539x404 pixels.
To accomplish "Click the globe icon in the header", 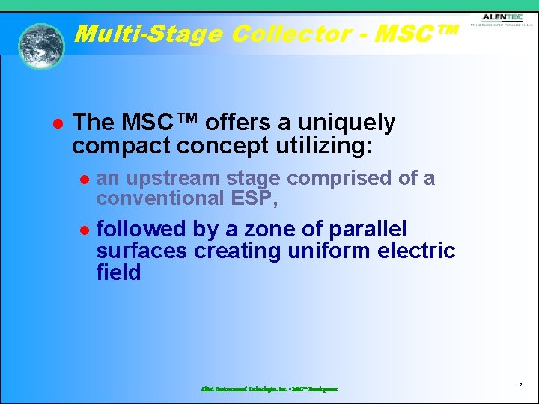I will pos(41,46).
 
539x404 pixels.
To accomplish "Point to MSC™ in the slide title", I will pos(416,34).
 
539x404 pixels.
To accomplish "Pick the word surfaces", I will pos(142,250).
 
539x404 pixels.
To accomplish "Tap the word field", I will pos(118,272).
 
